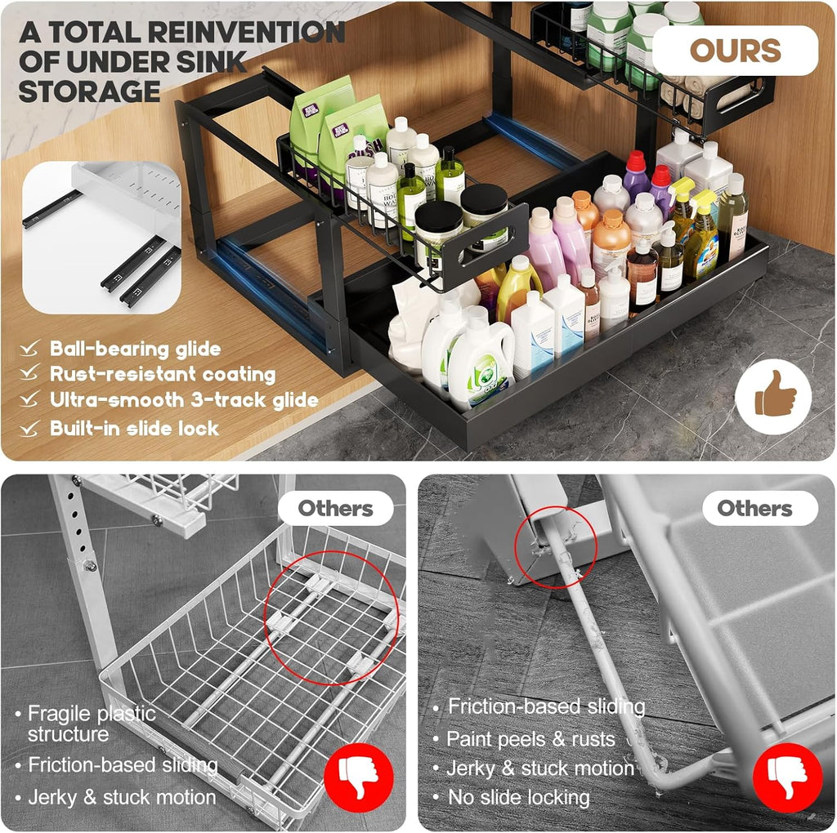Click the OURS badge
point(734,51)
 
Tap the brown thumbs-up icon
point(773,397)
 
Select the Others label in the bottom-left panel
point(335,509)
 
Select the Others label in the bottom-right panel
point(754,509)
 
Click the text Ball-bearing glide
point(135,349)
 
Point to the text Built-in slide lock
point(134,428)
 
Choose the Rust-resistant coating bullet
point(162,375)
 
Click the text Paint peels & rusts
point(530,739)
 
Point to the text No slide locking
point(518,796)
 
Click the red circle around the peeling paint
point(557,547)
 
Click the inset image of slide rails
point(102,237)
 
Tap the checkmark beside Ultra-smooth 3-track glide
point(30,400)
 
